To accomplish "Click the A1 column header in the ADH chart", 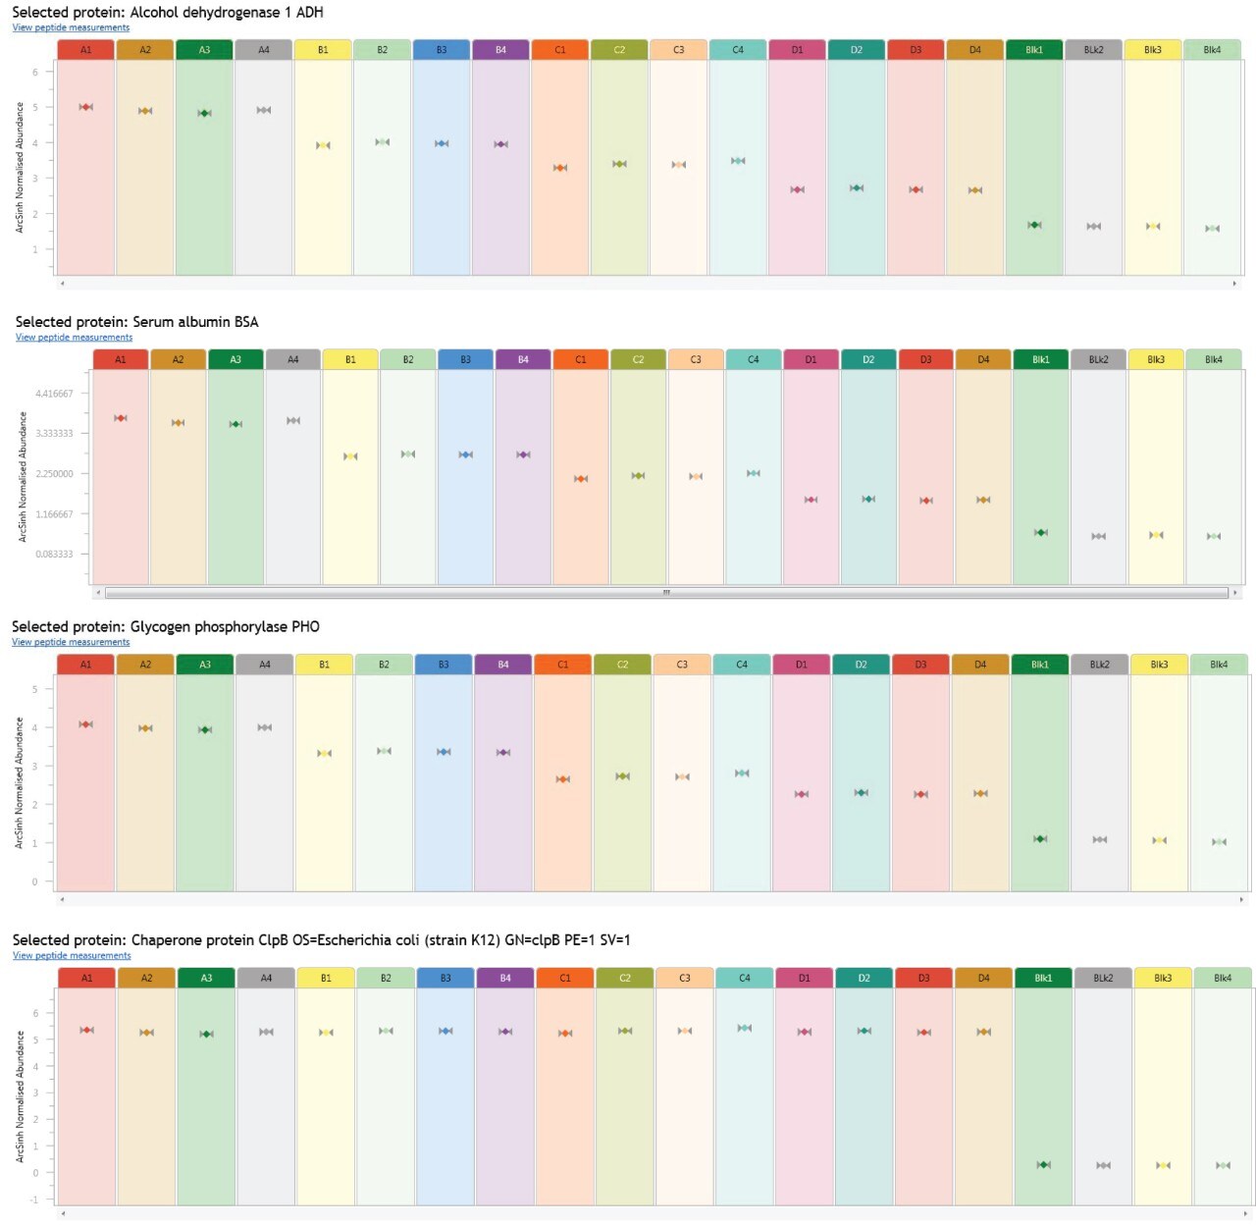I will pyautogui.click(x=85, y=50).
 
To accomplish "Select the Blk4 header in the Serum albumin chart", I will pyautogui.click(x=1214, y=359).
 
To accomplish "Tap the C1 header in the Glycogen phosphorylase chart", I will pyautogui.click(x=562, y=665).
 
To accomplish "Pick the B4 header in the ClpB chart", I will pyautogui.click(x=505, y=978).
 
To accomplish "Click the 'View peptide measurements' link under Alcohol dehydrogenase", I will pyautogui.click(x=71, y=27).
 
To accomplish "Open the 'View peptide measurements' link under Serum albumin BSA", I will pyautogui.click(x=74, y=338).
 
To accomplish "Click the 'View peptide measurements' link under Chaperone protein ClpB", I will pyautogui.click(x=72, y=955).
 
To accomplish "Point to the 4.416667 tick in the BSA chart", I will pyautogui.click(x=54, y=394).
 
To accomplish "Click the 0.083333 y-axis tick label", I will pyautogui.click(x=54, y=555).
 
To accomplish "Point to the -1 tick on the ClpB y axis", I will pyautogui.click(x=34, y=1199).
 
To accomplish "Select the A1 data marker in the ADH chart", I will pyautogui.click(x=85, y=107).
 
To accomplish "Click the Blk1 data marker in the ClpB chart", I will pyautogui.click(x=1043, y=1165).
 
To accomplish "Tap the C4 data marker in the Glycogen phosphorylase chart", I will pyautogui.click(x=742, y=773).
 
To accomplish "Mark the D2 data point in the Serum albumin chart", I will pyautogui.click(x=868, y=499).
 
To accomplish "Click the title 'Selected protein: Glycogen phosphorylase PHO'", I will pyautogui.click(x=166, y=626).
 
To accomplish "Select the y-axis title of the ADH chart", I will pyautogui.click(x=19, y=168).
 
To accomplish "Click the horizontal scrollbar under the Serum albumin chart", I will pyautogui.click(x=666, y=593).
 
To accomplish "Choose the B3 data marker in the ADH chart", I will pyautogui.click(x=442, y=143).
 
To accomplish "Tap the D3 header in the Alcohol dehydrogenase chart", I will pyautogui.click(x=916, y=50).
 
